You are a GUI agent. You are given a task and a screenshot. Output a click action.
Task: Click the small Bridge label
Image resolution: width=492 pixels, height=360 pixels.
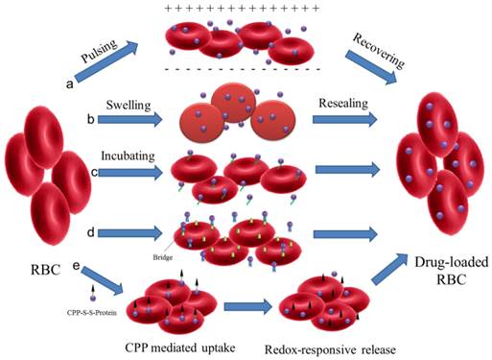[161, 256]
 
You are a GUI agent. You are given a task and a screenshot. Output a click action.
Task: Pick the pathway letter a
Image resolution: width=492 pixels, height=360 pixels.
[69, 84]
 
